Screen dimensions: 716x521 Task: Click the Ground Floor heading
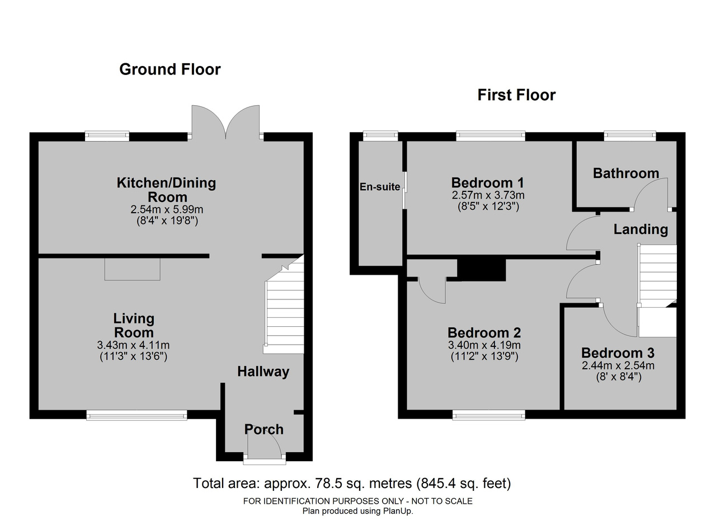coord(169,69)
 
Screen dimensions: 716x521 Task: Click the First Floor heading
coord(516,95)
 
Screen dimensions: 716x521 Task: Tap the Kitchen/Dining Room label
coord(167,190)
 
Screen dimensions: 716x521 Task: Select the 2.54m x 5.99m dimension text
coord(167,209)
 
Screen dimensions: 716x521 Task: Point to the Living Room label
coord(134,325)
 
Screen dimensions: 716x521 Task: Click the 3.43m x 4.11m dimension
coord(133,345)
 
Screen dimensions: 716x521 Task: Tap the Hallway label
coord(263,372)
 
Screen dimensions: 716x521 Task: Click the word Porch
coord(263,430)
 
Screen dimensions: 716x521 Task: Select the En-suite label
coord(380,187)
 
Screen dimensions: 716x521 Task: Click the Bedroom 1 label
coord(488,183)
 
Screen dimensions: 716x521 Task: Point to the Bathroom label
coord(626,173)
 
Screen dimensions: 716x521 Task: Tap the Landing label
coord(640,229)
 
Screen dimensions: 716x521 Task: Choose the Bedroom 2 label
coord(484,333)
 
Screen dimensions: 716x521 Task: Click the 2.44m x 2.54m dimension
coord(618,365)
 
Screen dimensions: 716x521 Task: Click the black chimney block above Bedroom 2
coord(482,270)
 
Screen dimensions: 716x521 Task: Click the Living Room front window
coord(137,416)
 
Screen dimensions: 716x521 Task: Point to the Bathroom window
coord(630,136)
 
